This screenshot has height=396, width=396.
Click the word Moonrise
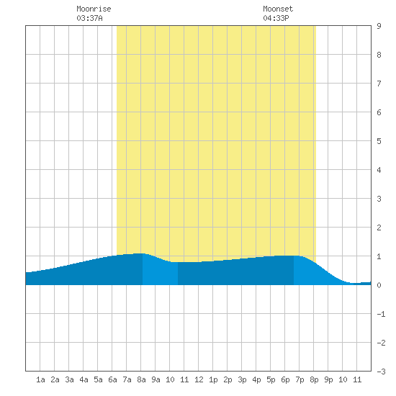coord(94,9)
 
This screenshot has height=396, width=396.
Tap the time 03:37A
coord(89,18)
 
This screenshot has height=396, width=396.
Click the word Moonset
coord(278,9)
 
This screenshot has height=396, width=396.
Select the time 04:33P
coord(276,18)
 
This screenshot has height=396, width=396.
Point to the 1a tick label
coord(40,379)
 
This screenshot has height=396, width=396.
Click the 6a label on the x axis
coord(112,379)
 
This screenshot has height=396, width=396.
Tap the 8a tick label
coord(141,379)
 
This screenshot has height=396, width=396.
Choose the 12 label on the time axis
coord(199,379)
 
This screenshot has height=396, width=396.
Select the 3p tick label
coord(242,379)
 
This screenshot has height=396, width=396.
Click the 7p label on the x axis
coord(300,379)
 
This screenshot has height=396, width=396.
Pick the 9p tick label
coord(328,379)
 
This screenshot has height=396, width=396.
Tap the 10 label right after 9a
coord(170,379)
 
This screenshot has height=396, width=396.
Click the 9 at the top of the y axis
coord(379,26)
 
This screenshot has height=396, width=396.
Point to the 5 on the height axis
coord(379,141)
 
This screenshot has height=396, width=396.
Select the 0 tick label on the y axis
coord(379,285)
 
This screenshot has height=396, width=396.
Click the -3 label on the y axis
coord(381,372)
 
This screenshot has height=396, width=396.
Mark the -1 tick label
coord(381,314)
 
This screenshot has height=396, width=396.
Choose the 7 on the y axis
coord(379,84)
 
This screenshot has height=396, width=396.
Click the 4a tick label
coord(84,379)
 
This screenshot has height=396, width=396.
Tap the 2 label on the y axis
coord(379,228)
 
